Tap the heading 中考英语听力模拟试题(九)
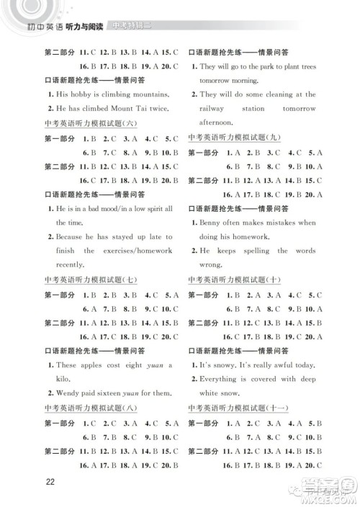[230, 137]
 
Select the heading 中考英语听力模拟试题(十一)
[233, 408]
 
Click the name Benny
[212, 223]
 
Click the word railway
[213, 109]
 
